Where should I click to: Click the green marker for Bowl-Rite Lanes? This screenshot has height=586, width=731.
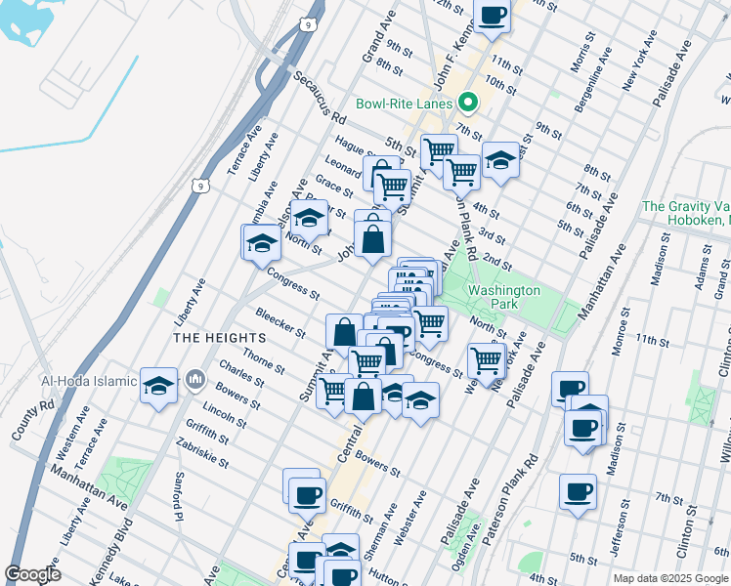[x=468, y=103]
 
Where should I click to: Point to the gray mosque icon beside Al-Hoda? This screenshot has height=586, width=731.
[x=195, y=377]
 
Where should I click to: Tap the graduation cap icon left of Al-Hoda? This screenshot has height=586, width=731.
[x=158, y=385]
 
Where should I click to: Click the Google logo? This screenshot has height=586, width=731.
[x=32, y=574]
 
